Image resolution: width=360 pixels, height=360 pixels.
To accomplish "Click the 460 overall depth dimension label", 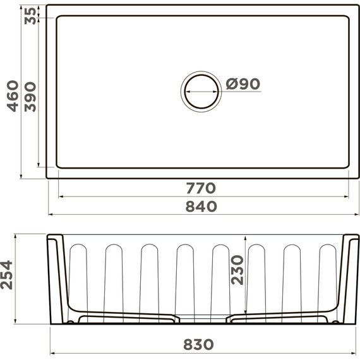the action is tap(13, 96).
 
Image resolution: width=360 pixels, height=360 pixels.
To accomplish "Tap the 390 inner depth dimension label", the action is tap(30, 97).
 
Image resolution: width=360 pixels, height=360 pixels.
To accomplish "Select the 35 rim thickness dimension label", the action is tap(30, 16).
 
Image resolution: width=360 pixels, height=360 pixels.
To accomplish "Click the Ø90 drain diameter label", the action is tap(243, 84).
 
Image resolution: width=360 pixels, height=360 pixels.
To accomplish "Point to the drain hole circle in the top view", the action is tap(201, 75).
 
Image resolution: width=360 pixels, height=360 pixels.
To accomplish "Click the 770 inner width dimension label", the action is tap(201, 188).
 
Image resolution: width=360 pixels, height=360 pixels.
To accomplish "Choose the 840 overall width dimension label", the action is tap(201, 206).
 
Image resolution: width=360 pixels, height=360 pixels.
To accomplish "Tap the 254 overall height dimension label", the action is tap(6, 275).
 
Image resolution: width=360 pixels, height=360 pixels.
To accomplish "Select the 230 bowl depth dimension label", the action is tap(237, 270).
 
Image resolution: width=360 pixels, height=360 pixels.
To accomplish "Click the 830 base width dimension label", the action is tap(198, 344).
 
